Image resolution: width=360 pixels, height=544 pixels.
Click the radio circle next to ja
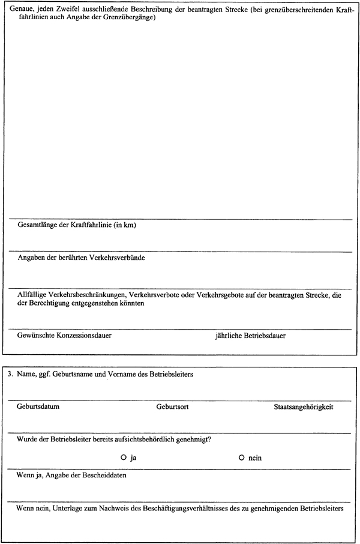(x=123, y=458)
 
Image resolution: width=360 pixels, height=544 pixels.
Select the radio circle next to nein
(x=241, y=458)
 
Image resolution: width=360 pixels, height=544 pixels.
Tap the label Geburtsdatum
(x=38, y=406)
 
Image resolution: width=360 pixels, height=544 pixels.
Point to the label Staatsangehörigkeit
(x=303, y=406)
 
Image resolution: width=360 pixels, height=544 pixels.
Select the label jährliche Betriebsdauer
(x=250, y=335)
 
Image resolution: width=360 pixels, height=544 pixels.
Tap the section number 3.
(x=10, y=374)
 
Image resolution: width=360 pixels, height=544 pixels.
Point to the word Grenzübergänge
(x=130, y=17)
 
